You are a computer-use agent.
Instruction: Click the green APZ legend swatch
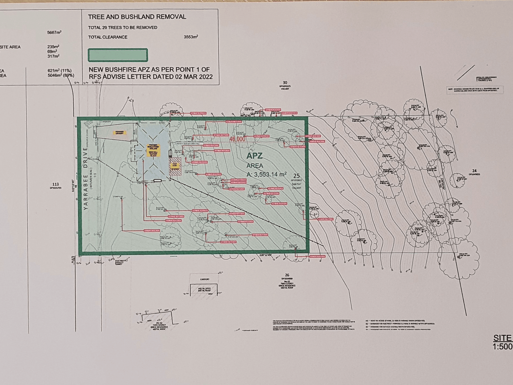(x=118, y=55)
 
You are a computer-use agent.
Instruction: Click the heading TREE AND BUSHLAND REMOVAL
(x=137, y=17)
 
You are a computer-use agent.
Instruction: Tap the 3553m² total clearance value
(x=190, y=37)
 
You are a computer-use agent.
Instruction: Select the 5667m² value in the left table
(x=54, y=32)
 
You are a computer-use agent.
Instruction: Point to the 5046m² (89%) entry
(x=61, y=75)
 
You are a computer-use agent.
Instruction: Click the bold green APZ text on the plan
(x=255, y=156)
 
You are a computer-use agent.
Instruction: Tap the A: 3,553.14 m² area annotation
(x=266, y=175)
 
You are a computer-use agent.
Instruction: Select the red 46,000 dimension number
(x=237, y=139)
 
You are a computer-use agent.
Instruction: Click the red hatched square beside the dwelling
(x=175, y=167)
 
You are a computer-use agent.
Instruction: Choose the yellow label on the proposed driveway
(x=118, y=132)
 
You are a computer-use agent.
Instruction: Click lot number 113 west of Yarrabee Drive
(x=55, y=184)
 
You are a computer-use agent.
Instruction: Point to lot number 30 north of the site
(x=285, y=83)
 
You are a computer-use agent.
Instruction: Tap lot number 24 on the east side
(x=474, y=171)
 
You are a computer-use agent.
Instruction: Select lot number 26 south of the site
(x=287, y=275)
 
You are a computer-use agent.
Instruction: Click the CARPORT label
(x=205, y=279)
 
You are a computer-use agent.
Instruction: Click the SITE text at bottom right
(x=502, y=338)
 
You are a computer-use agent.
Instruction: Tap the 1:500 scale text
(x=502, y=346)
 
